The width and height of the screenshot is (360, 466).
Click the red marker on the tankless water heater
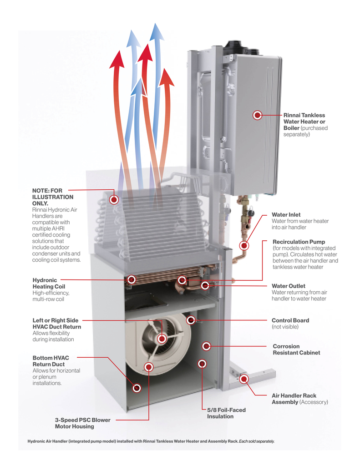(257, 116)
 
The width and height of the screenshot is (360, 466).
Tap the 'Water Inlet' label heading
(286, 214)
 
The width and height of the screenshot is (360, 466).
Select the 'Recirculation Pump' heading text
(299, 242)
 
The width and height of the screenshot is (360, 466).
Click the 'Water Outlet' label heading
(288, 286)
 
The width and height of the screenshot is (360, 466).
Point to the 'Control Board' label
(290, 320)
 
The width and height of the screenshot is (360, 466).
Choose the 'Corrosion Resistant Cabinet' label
(296, 349)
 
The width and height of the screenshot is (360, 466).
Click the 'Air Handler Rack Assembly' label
(294, 399)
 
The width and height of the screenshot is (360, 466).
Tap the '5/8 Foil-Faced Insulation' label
(226, 413)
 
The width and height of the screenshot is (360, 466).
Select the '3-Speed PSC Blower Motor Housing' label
(82, 423)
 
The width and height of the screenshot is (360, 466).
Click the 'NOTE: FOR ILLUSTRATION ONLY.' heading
(53, 197)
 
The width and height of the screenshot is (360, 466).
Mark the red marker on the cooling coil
(114, 199)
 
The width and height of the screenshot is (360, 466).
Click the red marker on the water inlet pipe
(244, 246)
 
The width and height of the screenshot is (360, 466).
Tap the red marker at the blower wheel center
(162, 339)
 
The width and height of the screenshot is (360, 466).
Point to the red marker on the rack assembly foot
(243, 379)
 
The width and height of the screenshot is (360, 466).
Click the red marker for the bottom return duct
(136, 388)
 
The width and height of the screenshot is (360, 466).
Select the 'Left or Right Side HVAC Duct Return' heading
(57, 324)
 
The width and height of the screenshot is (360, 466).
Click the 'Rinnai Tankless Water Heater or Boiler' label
(304, 122)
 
